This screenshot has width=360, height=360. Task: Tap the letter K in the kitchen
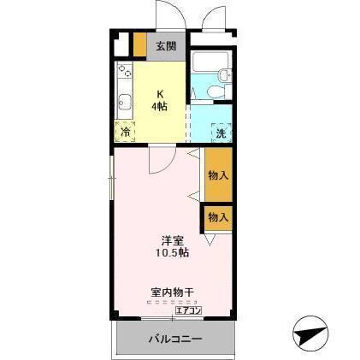point(160,94)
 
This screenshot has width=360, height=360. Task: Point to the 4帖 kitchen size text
point(160,107)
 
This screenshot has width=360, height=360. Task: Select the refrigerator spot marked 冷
point(126,133)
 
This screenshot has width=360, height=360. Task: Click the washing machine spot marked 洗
point(221,133)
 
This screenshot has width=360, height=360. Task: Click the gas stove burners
point(125,71)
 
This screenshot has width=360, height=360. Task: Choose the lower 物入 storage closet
point(218,216)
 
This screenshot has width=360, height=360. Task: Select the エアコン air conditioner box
point(187,310)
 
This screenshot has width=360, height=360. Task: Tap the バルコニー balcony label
point(174,338)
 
